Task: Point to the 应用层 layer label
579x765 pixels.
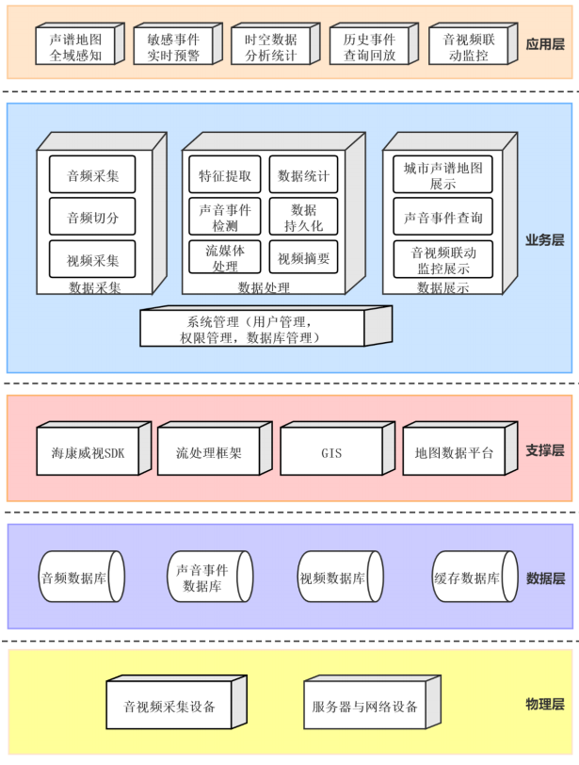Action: click(x=544, y=44)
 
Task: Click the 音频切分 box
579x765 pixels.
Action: click(x=92, y=218)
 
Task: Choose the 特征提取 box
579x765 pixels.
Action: click(x=225, y=175)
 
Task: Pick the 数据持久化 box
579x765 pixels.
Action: click(x=303, y=218)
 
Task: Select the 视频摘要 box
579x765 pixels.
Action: click(x=303, y=258)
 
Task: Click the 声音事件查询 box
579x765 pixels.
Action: click(x=442, y=218)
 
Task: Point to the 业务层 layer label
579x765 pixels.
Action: click(x=544, y=239)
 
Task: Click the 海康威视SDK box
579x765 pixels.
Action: click(x=88, y=453)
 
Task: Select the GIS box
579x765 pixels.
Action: click(x=331, y=453)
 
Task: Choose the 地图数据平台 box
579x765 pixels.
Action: click(x=454, y=453)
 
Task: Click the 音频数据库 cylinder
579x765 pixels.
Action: click(x=80, y=578)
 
